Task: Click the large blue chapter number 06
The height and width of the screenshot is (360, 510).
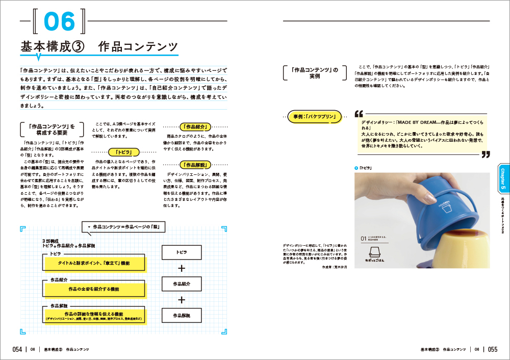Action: tap(60, 21)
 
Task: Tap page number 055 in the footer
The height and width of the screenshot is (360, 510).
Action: tap(492, 349)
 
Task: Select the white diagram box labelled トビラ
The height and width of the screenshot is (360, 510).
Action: tap(181, 252)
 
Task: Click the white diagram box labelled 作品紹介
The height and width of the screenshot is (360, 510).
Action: tap(181, 284)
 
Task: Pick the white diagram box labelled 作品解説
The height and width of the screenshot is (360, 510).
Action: tap(181, 316)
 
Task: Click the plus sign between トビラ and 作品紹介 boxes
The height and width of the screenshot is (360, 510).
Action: tap(181, 268)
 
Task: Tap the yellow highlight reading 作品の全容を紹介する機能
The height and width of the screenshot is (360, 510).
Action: tap(94, 289)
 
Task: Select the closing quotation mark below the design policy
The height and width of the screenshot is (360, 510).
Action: tap(486, 154)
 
